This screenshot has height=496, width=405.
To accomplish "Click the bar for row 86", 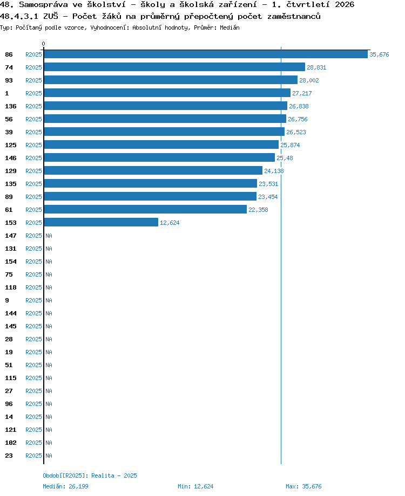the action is (206, 54).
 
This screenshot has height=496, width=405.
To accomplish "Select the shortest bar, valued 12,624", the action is (101, 222).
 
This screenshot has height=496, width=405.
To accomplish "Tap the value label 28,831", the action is (316, 67).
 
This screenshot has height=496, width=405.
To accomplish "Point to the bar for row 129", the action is (153, 171).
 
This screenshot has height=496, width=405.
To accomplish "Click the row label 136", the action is (10, 106).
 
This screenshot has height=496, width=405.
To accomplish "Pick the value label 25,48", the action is (285, 158).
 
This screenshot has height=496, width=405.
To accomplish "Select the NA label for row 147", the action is (49, 236).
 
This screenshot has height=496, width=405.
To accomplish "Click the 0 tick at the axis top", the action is (43, 44).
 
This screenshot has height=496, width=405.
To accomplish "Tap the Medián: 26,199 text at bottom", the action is (65, 486).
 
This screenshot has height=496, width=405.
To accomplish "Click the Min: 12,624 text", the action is (195, 486).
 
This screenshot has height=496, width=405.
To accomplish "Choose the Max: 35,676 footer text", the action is (303, 486).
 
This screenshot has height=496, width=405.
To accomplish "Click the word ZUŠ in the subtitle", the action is (51, 16).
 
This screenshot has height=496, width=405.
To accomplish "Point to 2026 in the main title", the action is (345, 4).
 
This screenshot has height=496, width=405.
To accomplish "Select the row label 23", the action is (9, 456).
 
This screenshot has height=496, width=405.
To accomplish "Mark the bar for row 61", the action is (145, 209).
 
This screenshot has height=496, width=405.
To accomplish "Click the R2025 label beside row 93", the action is (33, 80).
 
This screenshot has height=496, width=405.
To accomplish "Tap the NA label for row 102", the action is (49, 443).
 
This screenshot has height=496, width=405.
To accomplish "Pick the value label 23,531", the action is (268, 184).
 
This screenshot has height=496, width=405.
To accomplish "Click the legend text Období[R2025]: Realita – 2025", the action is (90, 476).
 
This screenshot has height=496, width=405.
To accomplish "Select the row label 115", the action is (10, 378).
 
